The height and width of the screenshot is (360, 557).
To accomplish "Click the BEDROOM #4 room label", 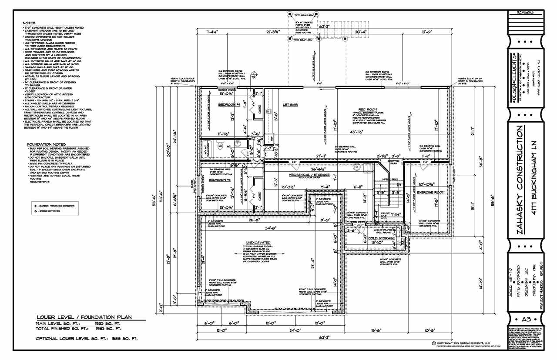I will (229, 105).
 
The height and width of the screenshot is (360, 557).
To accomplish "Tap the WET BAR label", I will (290, 105).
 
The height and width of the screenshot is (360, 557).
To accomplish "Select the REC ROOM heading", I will (368, 110).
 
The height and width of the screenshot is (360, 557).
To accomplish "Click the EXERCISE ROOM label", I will (430, 192).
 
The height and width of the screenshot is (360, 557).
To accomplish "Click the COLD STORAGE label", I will (381, 238).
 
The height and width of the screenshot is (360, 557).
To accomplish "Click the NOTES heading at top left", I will (29, 23).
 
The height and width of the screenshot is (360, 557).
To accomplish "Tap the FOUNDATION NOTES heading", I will (46, 144).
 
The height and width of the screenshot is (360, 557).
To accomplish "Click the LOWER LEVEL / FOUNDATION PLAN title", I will (84, 317).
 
